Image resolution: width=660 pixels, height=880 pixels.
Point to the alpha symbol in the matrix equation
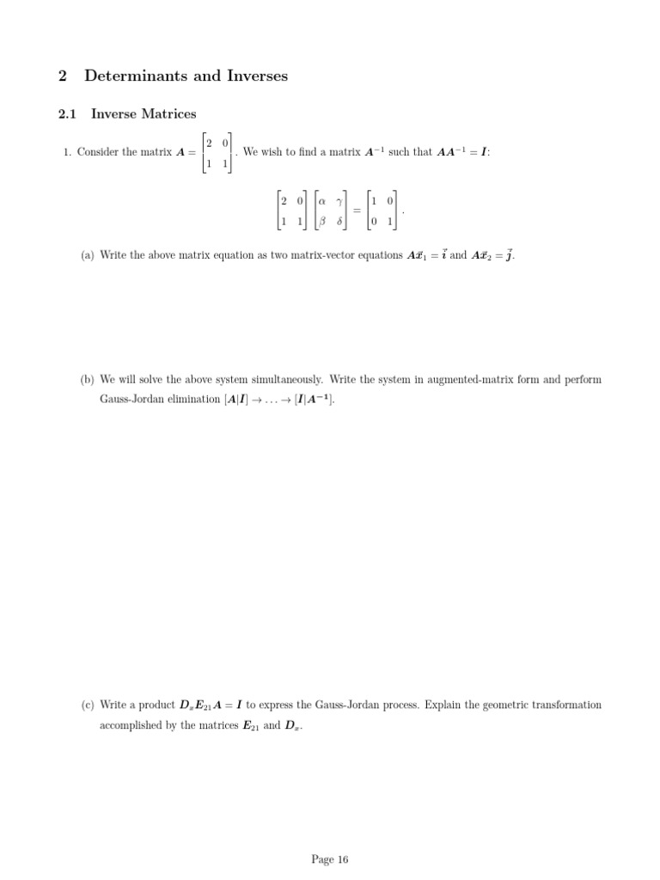pyautogui.click(x=322, y=200)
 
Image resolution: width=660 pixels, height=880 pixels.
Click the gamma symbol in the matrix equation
pyautogui.click(x=339, y=200)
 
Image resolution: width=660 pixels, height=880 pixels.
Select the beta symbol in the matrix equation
pyautogui.click(x=322, y=221)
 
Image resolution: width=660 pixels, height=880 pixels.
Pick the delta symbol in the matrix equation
pyautogui.click(x=339, y=221)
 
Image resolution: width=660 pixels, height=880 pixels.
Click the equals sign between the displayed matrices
pyautogui.click(x=356, y=211)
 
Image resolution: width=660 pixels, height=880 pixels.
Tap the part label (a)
pyautogui.click(x=87, y=255)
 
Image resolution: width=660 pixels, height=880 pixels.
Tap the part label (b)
pyautogui.click(x=87, y=379)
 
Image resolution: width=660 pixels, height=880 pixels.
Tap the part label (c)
pyautogui.click(x=87, y=705)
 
